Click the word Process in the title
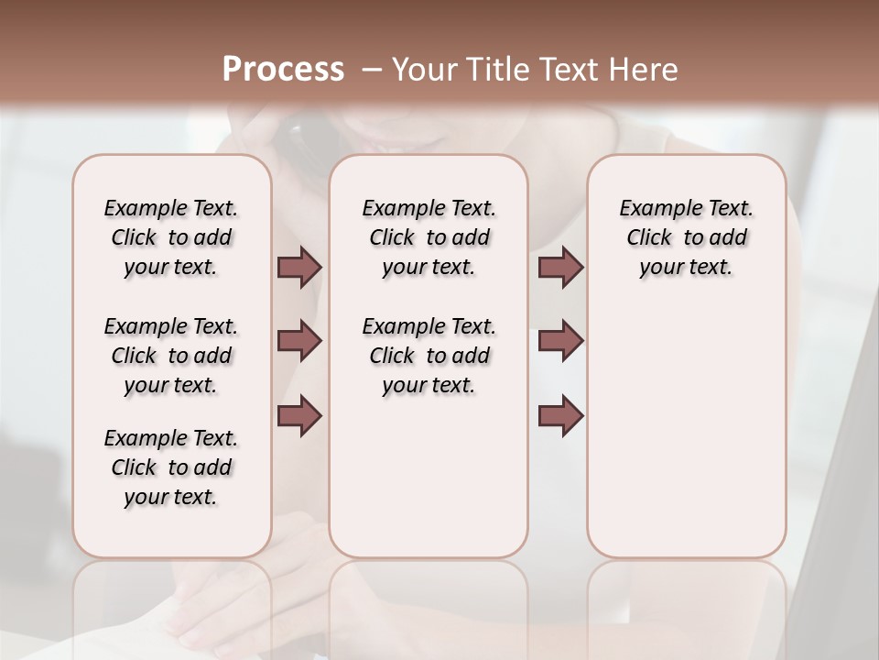(x=283, y=70)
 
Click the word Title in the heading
(x=491, y=70)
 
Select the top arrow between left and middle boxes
(x=299, y=268)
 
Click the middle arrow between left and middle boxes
(x=299, y=341)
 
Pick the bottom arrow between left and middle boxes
(x=299, y=416)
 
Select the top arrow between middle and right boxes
(x=560, y=268)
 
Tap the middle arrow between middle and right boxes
(x=560, y=341)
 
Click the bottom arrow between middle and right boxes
(x=560, y=416)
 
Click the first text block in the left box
(x=171, y=237)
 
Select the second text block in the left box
(x=171, y=356)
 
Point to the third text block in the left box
(x=171, y=467)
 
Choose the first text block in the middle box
(x=429, y=237)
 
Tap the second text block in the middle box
(x=429, y=356)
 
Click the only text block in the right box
(x=687, y=237)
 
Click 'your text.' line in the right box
(x=687, y=268)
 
